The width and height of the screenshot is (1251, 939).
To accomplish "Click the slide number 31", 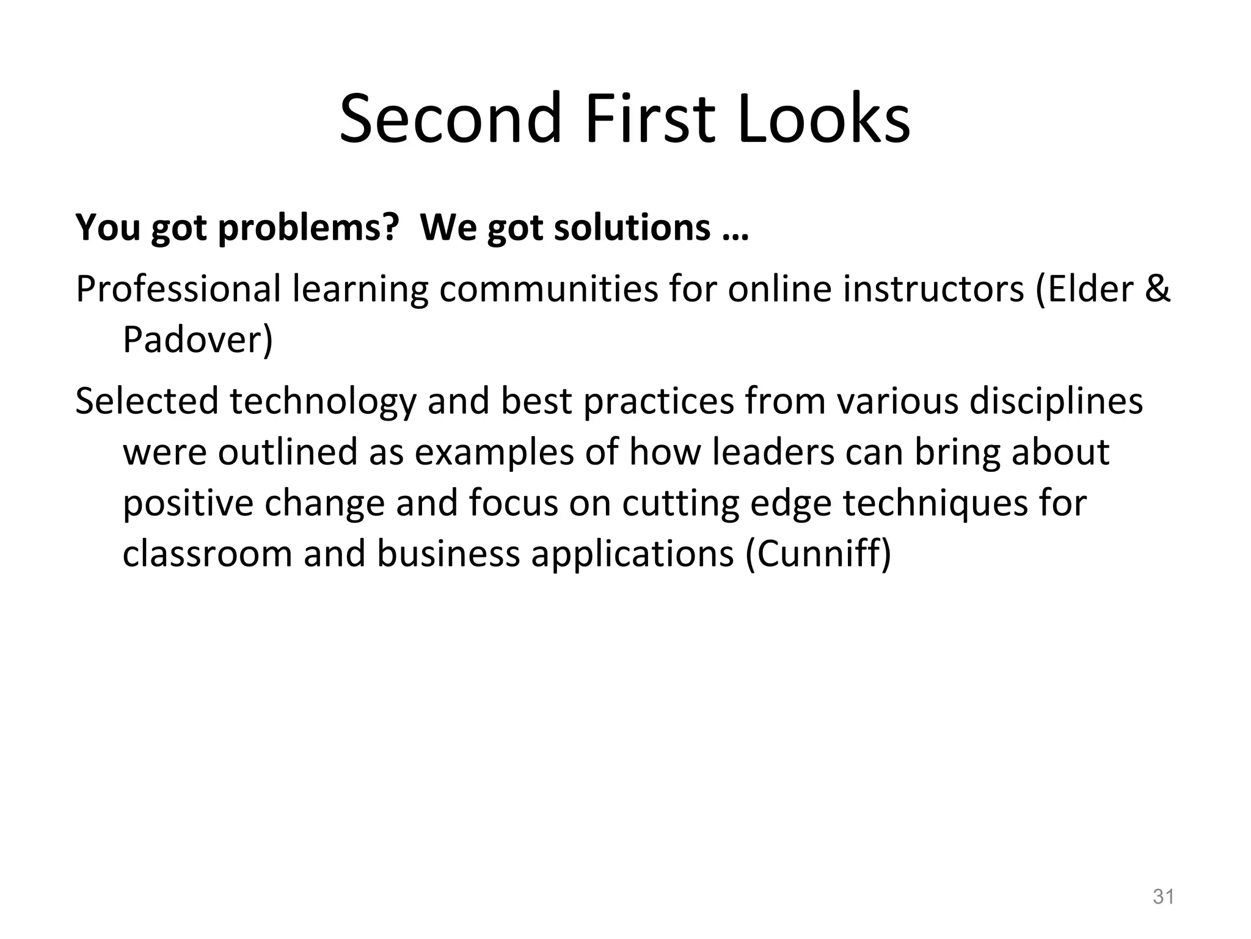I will click(x=1163, y=897).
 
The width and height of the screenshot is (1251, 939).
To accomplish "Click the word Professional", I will click(x=178, y=289).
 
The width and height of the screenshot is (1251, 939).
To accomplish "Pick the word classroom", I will click(x=207, y=554).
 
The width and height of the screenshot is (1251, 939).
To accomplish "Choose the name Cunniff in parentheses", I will click(x=819, y=554).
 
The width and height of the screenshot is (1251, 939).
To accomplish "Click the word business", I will click(x=448, y=554).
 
